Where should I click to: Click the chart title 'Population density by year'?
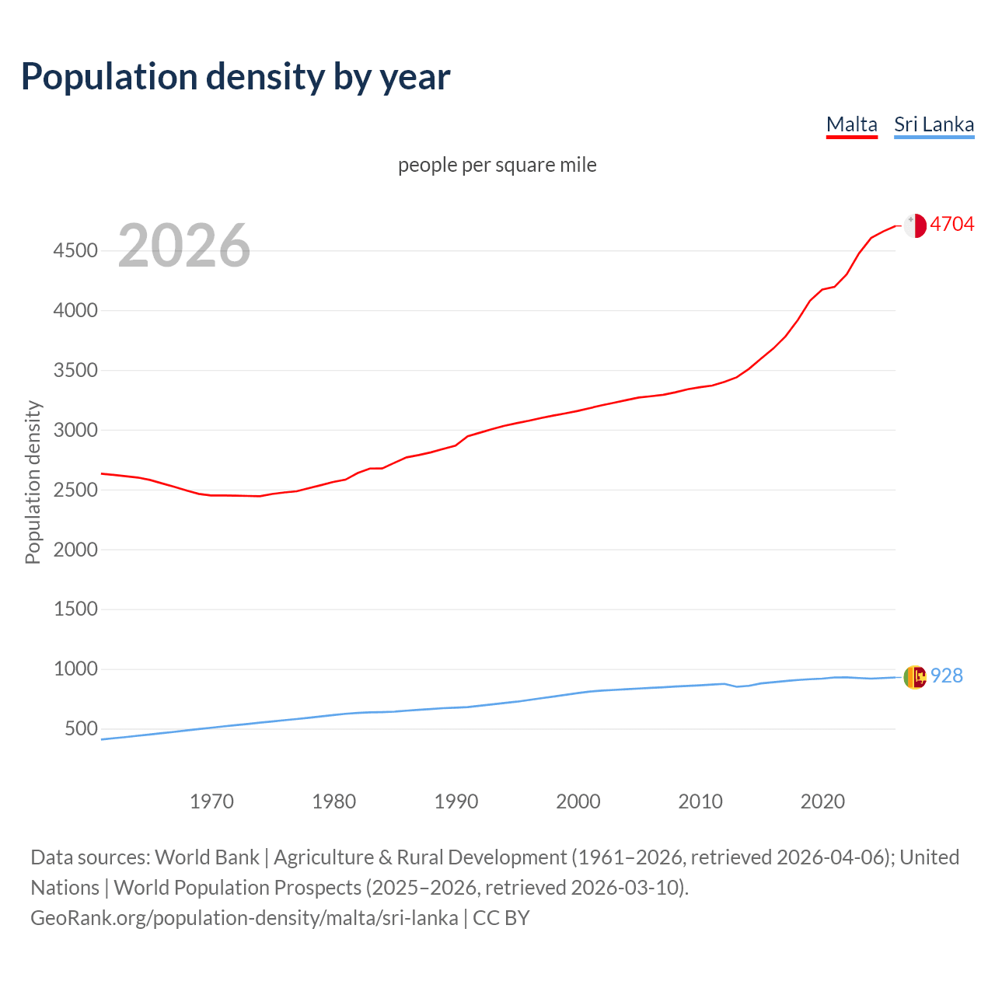tap(236, 77)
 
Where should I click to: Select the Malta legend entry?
tap(851, 124)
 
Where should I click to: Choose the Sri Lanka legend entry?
tap(934, 124)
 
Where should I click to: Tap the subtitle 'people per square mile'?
tap(497, 165)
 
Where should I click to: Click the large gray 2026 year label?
tap(184, 246)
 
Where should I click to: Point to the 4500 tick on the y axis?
tap(75, 250)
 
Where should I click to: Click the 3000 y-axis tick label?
tap(75, 430)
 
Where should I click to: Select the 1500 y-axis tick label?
tap(75, 609)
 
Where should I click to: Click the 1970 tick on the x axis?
tap(211, 801)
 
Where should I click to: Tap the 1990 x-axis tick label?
tap(456, 801)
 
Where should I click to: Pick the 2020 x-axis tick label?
tap(822, 801)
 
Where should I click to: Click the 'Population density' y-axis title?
tap(33, 482)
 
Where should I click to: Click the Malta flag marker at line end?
tap(915, 225)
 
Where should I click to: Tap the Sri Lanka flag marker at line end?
tap(915, 677)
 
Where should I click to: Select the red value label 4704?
tap(951, 224)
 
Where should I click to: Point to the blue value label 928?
tap(946, 676)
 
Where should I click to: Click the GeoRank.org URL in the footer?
tap(244, 918)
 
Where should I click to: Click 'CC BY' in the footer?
tap(501, 918)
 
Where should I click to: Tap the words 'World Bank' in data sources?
tap(207, 857)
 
